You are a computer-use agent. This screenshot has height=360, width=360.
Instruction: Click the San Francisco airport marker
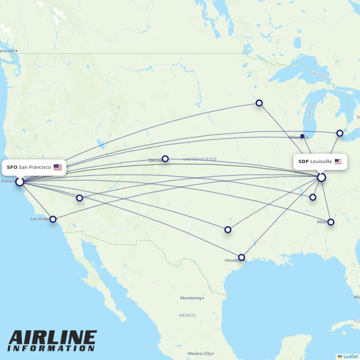20,182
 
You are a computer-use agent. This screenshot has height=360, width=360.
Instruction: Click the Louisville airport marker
321,177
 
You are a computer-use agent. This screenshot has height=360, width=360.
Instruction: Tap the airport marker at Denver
165,159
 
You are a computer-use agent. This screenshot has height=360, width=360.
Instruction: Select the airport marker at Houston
242,257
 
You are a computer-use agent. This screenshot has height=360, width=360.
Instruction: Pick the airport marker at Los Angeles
53,219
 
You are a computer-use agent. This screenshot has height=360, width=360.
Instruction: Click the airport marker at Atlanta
331,222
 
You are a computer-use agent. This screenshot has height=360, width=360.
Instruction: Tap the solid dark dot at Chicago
302,136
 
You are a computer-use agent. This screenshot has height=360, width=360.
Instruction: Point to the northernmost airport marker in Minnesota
259,103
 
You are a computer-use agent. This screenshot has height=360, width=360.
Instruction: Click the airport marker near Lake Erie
340,133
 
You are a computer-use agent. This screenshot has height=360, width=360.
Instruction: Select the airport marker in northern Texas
228,230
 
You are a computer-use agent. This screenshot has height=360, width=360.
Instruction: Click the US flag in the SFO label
58,167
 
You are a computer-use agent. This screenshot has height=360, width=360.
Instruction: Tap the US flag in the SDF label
338,162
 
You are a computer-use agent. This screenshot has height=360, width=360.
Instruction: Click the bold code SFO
12,167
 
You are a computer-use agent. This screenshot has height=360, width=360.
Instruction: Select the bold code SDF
303,162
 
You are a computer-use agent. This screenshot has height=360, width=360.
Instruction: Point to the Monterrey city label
191,298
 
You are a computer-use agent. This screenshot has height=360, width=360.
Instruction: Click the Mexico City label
200,354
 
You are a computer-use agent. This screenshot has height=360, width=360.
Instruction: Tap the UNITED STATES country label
200,159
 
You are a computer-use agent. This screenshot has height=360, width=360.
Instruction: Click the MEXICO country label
187,315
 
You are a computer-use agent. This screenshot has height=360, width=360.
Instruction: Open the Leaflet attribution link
350,356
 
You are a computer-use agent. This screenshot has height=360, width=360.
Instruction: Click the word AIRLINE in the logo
53,338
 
